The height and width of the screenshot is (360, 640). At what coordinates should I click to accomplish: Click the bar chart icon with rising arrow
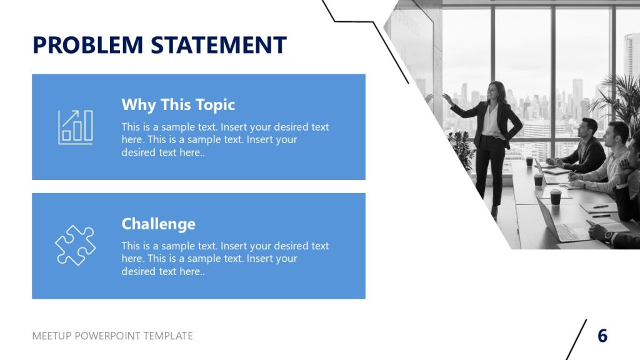[x=75, y=127]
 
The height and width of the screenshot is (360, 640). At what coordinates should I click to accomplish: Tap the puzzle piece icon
[x=75, y=246]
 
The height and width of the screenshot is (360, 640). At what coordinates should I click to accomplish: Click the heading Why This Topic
[x=178, y=104]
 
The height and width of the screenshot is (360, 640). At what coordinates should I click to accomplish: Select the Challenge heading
[x=158, y=224]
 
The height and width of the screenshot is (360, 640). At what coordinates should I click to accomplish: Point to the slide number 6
[x=602, y=336]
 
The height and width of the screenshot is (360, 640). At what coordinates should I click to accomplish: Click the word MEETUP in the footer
[x=52, y=336]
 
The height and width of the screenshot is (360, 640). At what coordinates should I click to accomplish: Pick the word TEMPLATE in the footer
[x=168, y=336]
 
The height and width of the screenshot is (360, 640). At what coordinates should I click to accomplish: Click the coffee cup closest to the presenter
[x=529, y=161]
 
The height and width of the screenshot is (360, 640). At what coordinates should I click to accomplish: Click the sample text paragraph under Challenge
[x=225, y=259]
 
